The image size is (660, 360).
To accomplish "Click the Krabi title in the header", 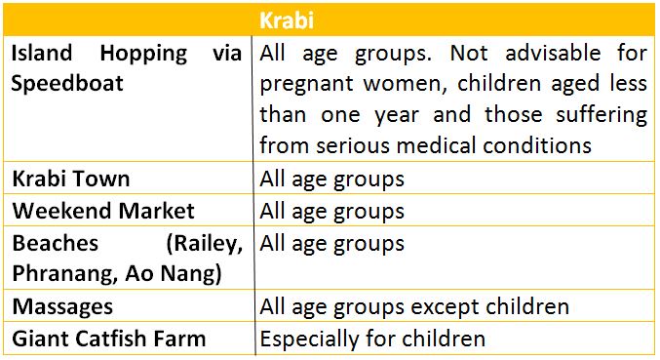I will point(329,20).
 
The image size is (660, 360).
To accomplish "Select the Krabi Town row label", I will point(71,180).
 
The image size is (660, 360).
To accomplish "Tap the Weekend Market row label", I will point(103,211).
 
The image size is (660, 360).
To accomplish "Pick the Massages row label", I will point(62,306).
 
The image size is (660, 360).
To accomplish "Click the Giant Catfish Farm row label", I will point(109,339).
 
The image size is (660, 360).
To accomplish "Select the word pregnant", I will point(310,85).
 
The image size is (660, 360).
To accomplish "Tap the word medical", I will point(468,145).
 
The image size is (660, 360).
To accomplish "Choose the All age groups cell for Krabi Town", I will point(331,180).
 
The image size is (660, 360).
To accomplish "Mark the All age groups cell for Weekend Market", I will point(331,211).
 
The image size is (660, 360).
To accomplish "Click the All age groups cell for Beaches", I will point(331,242).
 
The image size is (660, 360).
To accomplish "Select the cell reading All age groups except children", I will point(414,306).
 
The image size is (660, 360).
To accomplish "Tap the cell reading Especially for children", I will point(372,339).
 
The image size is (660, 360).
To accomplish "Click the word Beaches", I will point(55,243).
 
